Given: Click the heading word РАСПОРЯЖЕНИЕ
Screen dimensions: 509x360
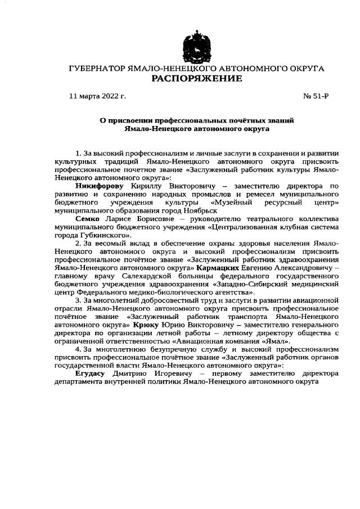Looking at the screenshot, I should [197, 79].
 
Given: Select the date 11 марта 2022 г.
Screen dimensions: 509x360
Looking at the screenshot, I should [97, 96].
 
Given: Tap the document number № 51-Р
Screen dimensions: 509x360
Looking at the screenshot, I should [316, 96].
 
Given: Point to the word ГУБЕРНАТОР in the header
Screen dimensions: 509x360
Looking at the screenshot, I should [97, 69].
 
